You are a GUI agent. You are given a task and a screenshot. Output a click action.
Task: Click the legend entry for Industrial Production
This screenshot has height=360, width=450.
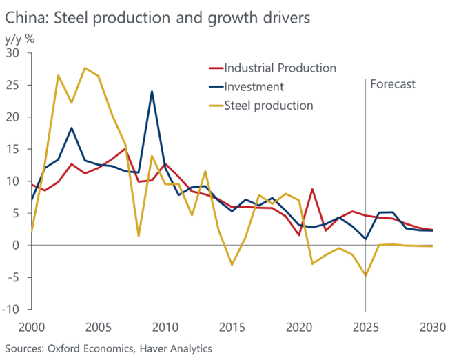(281, 68)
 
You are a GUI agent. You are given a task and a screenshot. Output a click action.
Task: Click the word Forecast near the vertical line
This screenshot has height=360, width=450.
(393, 85)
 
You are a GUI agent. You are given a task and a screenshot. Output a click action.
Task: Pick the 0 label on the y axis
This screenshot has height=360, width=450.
(17, 245)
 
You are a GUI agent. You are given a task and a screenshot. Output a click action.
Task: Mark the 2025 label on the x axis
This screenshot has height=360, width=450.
(365, 326)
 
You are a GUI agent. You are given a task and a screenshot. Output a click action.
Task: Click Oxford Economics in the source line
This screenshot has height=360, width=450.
(81, 348)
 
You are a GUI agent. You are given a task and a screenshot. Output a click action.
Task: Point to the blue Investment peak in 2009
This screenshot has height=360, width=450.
(152, 91)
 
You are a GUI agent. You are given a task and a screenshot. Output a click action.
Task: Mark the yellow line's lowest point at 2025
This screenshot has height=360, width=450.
(365, 276)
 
